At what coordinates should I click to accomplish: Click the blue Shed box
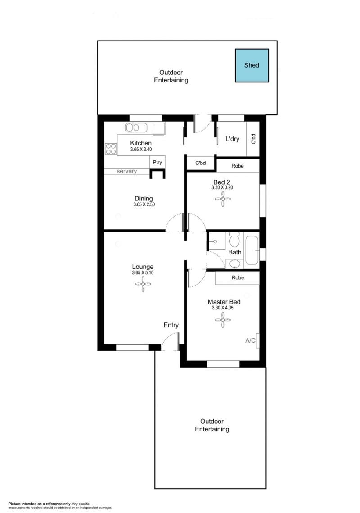click(252, 65)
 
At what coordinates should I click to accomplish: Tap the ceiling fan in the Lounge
click(143, 284)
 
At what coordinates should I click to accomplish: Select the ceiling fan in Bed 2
click(223, 199)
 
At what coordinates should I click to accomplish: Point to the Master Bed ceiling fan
click(223, 319)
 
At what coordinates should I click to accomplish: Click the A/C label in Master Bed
click(250, 340)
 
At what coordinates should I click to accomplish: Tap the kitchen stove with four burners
click(111, 149)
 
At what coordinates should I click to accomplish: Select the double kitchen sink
click(136, 127)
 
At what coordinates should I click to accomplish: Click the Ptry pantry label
click(157, 162)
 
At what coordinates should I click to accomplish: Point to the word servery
click(126, 171)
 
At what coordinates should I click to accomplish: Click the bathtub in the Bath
click(252, 250)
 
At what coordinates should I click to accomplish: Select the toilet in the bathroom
click(234, 240)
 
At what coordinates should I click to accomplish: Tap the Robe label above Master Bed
click(238, 277)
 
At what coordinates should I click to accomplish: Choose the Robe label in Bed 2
click(238, 166)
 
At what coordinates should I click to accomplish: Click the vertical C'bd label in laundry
click(253, 139)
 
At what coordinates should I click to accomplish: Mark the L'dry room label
click(232, 139)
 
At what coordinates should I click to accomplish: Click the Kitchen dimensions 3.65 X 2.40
click(141, 149)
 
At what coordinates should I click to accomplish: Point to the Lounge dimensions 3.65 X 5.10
click(143, 272)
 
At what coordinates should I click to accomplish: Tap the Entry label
click(171, 325)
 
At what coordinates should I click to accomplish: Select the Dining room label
click(144, 198)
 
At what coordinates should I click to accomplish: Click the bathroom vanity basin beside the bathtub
click(234, 263)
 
